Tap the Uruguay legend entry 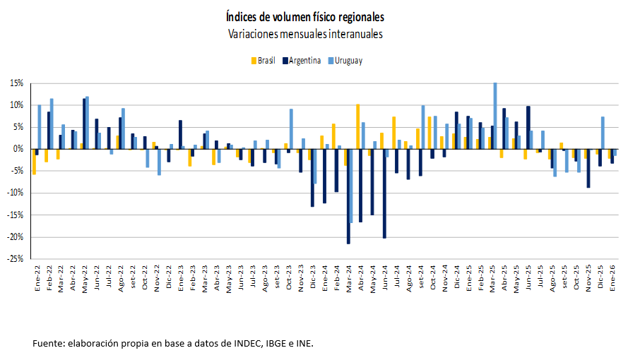click(x=348, y=61)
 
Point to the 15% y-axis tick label click(x=17, y=83)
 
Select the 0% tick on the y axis click(x=20, y=149)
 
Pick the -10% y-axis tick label click(x=16, y=193)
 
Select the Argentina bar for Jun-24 click(x=384, y=193)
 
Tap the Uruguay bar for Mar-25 click(x=494, y=116)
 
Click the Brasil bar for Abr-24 click(x=358, y=126)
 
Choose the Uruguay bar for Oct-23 click(x=291, y=128)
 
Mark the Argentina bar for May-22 click(x=84, y=124)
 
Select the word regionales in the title click(x=358, y=16)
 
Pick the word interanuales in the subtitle click(x=351, y=33)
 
